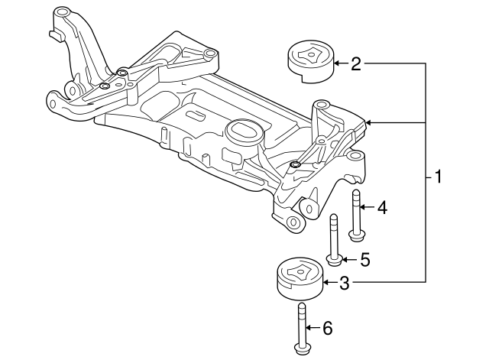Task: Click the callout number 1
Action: (437, 177)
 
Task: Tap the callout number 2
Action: (355, 64)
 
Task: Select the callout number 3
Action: (344, 284)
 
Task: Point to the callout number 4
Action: (381, 207)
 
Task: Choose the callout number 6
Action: (328, 329)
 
